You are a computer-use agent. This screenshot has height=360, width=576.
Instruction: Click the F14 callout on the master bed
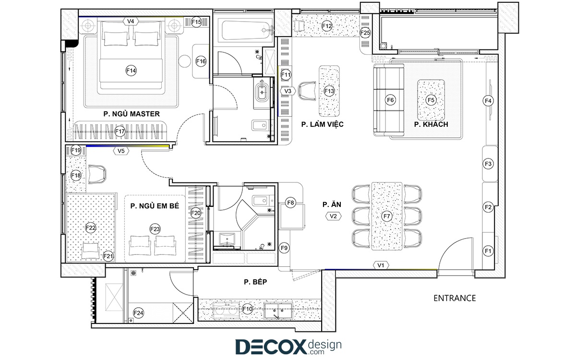coord(131,71)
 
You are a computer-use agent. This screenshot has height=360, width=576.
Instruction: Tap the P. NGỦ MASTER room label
coord(132,114)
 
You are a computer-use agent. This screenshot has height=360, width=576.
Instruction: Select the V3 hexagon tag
coord(288,91)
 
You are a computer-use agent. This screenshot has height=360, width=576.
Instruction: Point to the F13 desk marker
coord(329,91)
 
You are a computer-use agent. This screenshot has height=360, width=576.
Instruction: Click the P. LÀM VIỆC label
coord(323,124)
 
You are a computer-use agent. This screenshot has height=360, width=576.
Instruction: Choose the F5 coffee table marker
coord(431,100)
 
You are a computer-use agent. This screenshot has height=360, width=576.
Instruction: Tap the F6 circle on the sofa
coord(390,100)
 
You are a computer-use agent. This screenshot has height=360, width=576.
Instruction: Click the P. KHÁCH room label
coord(431,124)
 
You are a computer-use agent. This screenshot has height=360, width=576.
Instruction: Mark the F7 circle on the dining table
coord(387,216)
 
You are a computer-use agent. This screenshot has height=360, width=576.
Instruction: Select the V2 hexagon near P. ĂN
coord(333,216)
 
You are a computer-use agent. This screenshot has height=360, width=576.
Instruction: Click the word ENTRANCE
coord(455,298)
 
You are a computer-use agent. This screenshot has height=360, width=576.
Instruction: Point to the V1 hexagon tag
coord(381,265)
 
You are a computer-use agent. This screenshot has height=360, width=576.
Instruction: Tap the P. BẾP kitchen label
coord(255,282)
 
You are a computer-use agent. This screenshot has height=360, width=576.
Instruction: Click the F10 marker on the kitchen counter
coord(248,309)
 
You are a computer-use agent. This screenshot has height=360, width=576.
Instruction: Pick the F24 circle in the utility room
coord(138,313)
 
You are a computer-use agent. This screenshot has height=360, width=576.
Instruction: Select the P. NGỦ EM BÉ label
coord(155,206)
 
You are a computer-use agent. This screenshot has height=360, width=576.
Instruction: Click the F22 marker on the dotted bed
coord(91,228)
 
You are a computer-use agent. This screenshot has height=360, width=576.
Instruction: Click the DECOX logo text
coord(271,347)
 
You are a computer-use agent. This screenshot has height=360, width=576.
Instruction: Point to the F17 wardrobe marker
coord(120,132)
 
